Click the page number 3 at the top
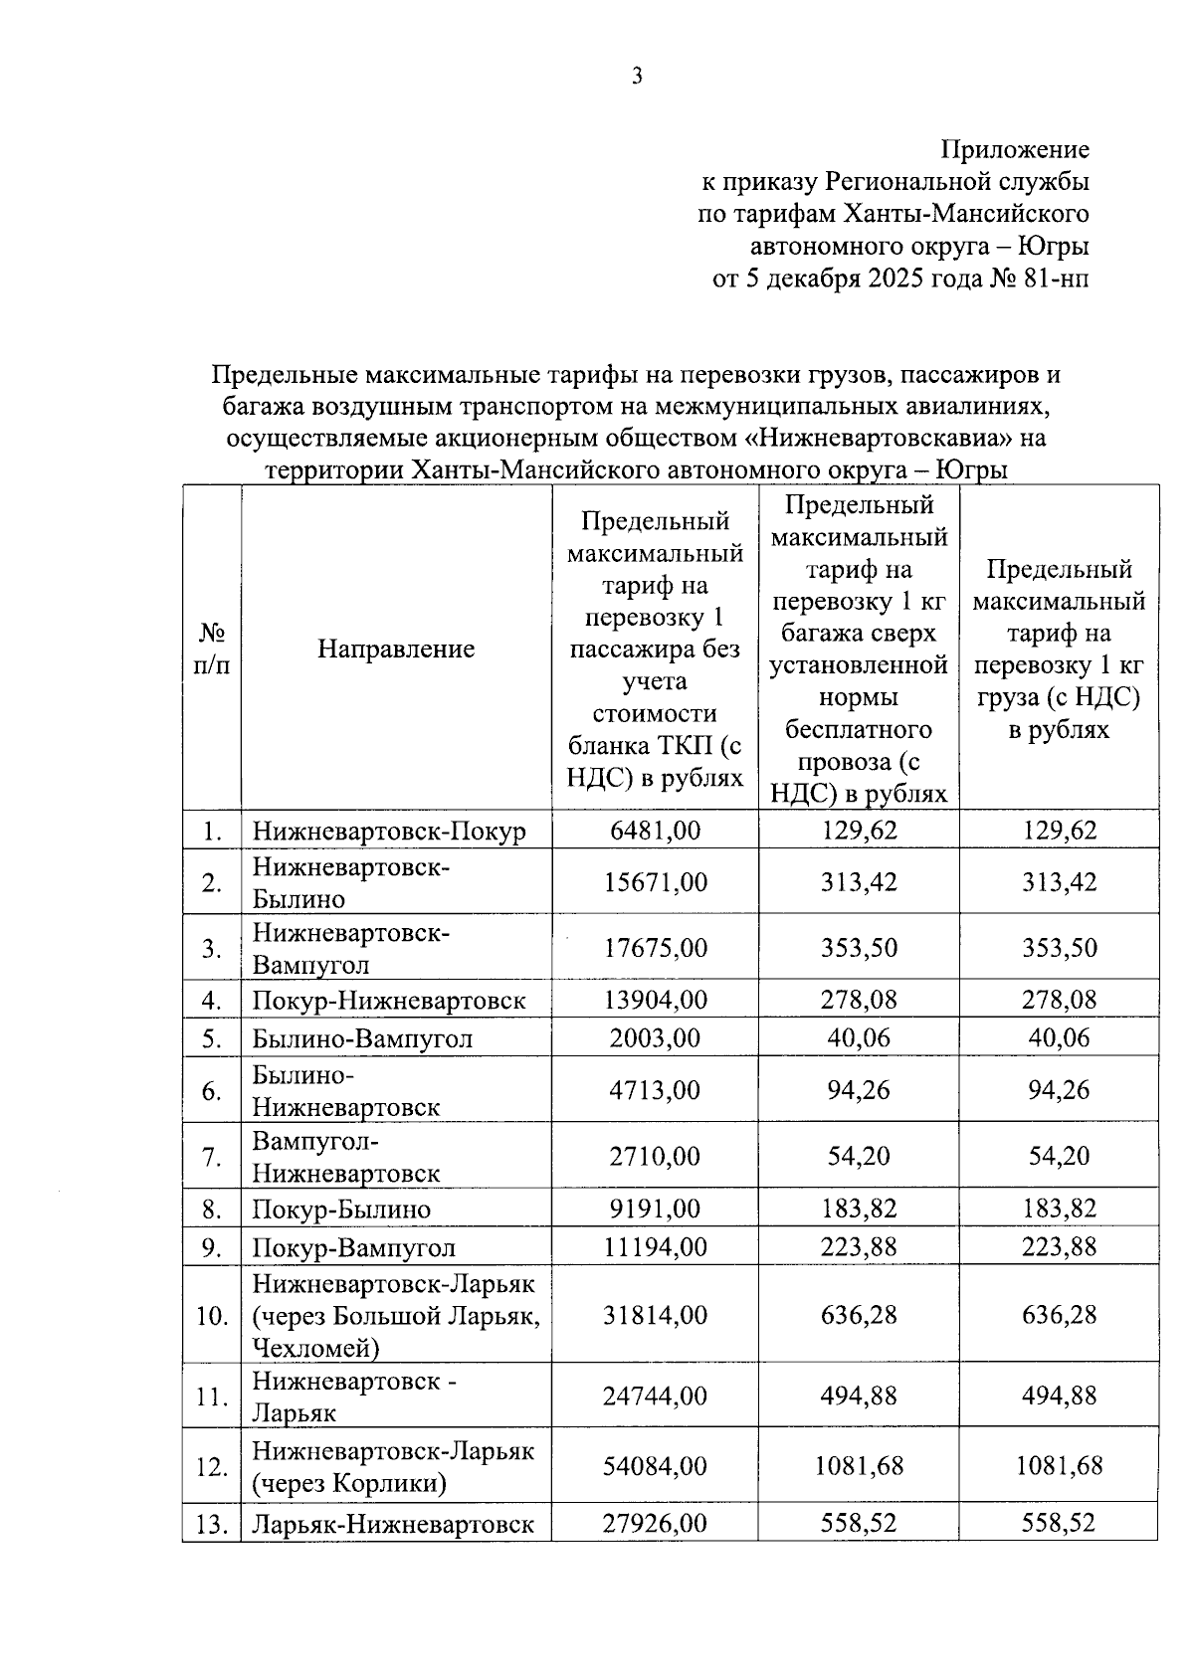[x=637, y=77]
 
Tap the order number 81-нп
[x=1055, y=279]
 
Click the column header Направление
[x=396, y=650]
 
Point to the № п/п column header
[x=211, y=649]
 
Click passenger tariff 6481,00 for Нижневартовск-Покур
[x=655, y=830]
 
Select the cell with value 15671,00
[x=655, y=882]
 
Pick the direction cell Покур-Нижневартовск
[x=388, y=1000]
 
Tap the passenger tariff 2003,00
[x=655, y=1038]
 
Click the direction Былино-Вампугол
[x=362, y=1038]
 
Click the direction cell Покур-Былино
[x=341, y=1210]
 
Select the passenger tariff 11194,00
[x=655, y=1247]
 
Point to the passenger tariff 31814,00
[x=655, y=1316]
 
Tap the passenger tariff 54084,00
[x=655, y=1466]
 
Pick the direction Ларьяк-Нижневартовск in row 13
[x=393, y=1524]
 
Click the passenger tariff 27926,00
[x=655, y=1524]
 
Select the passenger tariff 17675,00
[x=655, y=948]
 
